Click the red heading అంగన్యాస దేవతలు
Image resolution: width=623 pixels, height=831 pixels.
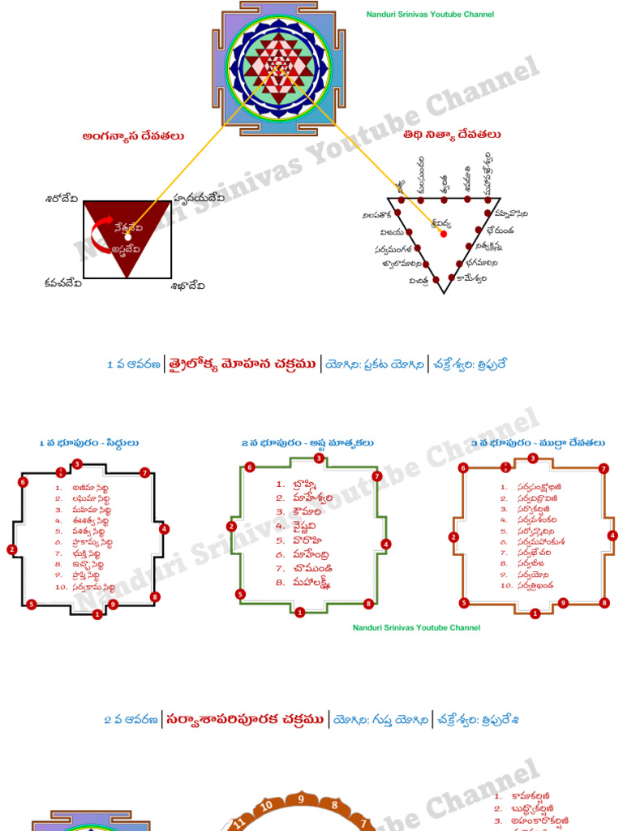coord(133,136)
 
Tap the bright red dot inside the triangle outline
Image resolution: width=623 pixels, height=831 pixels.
coord(443,234)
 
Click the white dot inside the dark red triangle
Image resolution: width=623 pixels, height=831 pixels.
coord(127,237)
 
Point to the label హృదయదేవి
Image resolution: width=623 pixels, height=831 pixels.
coord(199,198)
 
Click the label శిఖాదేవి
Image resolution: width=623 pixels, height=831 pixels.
coord(187,286)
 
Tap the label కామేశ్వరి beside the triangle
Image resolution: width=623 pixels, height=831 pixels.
coord(471,278)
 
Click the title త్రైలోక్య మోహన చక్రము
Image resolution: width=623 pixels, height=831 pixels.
coord(242,364)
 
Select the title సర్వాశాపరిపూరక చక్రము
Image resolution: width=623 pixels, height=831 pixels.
coord(246,719)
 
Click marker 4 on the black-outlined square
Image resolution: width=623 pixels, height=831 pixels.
coord(165,529)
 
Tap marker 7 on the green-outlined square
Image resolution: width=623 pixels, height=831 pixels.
coord(376,476)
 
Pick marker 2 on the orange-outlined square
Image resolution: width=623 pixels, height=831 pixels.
coord(453,536)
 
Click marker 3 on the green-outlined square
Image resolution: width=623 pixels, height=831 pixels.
coord(319,459)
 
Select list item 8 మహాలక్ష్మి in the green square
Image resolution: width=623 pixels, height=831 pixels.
coord(304,583)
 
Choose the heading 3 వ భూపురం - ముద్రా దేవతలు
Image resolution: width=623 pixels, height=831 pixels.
coord(538,443)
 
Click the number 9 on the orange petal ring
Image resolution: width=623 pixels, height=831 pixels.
coord(301,799)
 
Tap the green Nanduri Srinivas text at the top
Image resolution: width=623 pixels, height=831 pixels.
coord(429,15)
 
